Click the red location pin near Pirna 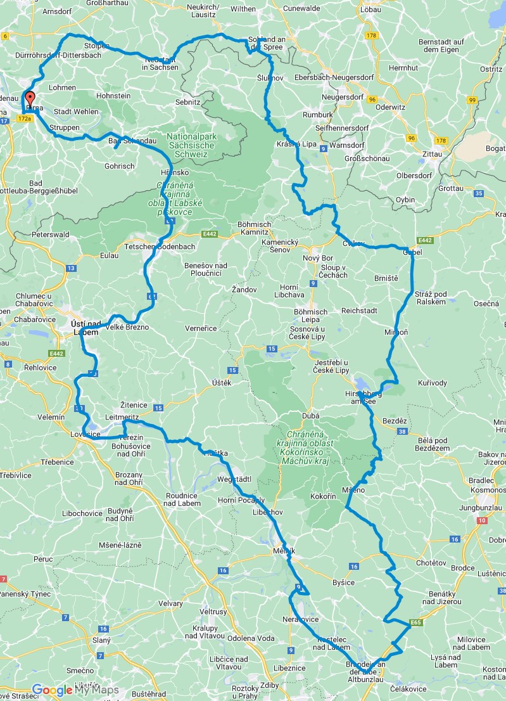[29, 100]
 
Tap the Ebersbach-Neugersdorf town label [334, 77]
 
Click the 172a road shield [25, 119]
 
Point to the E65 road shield [415, 623]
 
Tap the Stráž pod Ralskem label [431, 298]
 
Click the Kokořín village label [323, 496]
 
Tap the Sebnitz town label [188, 101]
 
